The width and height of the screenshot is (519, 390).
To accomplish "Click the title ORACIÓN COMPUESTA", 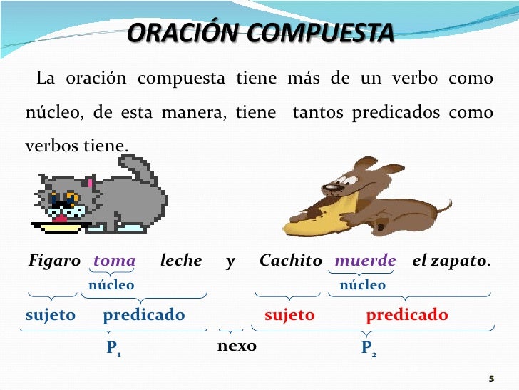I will [260, 33].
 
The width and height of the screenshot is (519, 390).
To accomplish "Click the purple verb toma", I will [114, 261].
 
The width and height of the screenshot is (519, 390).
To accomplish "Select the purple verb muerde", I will [365, 261].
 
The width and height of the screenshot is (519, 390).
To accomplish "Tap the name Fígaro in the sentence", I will [54, 261].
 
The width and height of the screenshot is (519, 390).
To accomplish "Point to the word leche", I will [181, 261].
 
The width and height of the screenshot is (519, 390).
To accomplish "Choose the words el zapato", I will [451, 261].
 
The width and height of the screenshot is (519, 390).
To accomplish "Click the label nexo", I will [236, 346].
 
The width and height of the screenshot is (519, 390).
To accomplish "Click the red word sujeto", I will [289, 315].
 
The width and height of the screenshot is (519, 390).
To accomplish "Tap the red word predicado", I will [407, 315].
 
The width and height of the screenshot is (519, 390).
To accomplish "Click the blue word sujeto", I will [51, 315].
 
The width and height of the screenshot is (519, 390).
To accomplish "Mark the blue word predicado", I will [143, 315].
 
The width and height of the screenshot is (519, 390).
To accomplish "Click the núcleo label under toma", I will [111, 285].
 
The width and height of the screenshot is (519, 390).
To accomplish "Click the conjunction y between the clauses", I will [230, 261].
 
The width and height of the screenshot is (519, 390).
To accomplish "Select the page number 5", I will [491, 378].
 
